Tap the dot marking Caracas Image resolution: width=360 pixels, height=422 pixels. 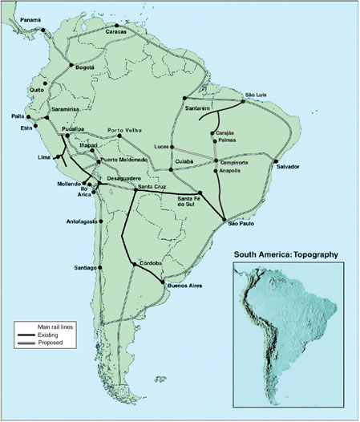coord(117,25)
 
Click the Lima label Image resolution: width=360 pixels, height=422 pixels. coord(44,157)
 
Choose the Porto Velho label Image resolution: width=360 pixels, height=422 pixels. coord(127,129)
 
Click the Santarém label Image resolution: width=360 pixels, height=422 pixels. coord(196,107)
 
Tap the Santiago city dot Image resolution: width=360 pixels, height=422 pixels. coord(99,267)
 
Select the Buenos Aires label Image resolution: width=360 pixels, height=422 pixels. coord(184,285)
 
